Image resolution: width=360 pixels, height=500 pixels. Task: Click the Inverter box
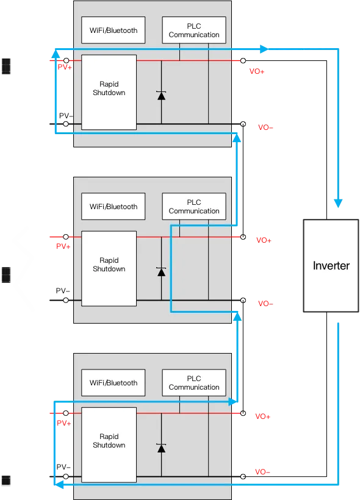coord(331,266)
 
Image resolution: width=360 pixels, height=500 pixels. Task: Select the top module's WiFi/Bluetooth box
coord(113,30)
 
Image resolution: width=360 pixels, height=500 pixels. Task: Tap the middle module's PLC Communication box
coord(194,206)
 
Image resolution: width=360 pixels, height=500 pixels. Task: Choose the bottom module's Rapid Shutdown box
coord(109,445)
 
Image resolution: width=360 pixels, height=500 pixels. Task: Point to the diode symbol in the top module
coord(162,95)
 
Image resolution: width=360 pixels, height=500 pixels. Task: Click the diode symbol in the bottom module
coord(162,448)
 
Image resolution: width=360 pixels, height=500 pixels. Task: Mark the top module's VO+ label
coord(257,71)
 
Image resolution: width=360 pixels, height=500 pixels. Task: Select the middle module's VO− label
coord(265,304)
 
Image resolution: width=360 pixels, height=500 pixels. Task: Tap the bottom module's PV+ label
coord(64,423)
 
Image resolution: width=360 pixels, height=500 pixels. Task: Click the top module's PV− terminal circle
coord(66,124)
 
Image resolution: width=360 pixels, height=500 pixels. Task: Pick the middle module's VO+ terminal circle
coord(243,237)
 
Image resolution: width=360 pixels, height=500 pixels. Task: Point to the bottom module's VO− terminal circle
coord(243,477)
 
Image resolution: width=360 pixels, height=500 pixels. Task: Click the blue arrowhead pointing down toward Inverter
coord(338,204)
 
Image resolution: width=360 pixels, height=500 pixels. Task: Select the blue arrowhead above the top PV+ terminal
coord(56,53)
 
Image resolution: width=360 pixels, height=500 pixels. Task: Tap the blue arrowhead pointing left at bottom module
coord(59,485)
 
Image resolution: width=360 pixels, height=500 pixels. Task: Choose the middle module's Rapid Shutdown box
coord(109,268)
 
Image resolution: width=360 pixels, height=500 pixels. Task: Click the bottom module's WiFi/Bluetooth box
coord(113,383)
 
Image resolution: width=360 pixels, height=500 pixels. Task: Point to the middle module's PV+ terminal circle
coord(66,237)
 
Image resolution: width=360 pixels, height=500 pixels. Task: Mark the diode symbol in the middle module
coord(162,272)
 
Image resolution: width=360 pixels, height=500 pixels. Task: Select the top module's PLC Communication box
coord(194,30)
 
